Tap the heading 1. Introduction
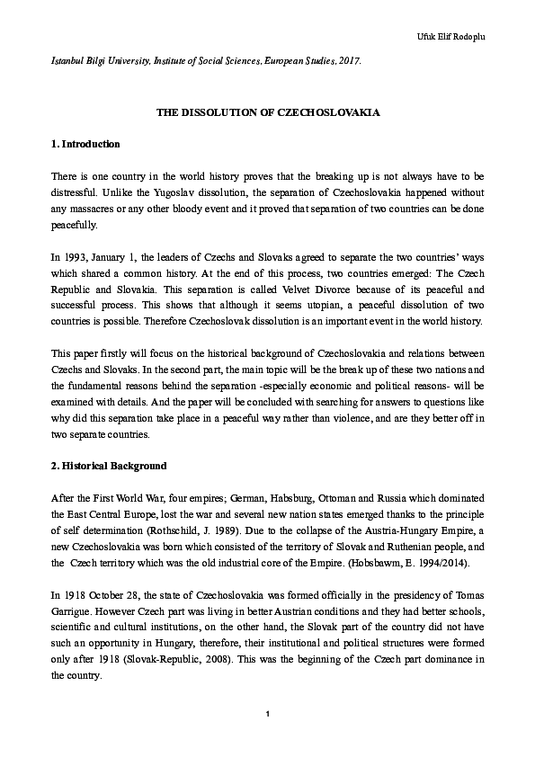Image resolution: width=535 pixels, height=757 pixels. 85,144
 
